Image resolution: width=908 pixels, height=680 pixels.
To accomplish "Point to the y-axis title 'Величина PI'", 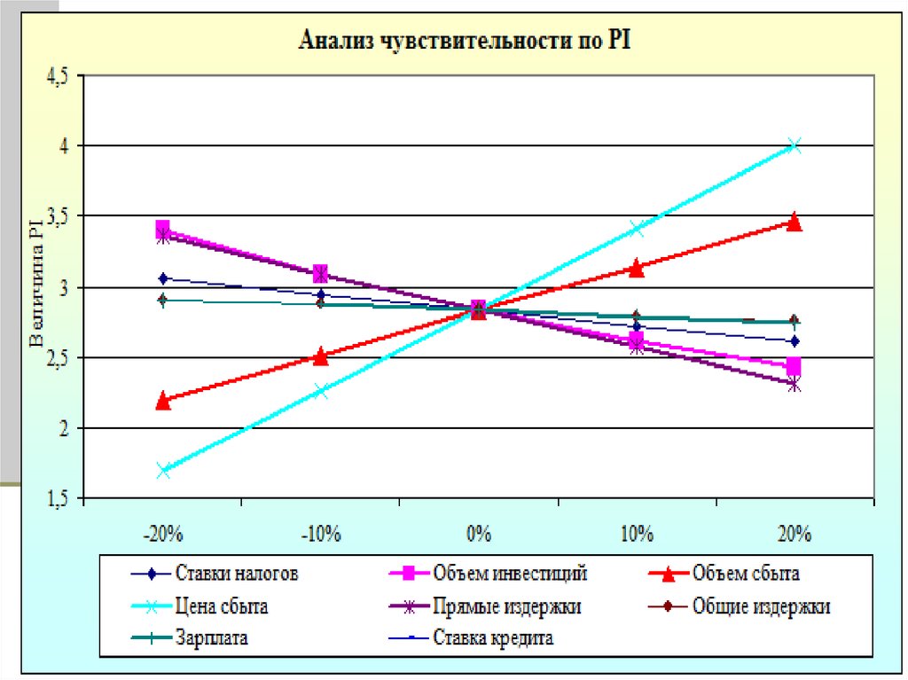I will point(35,287).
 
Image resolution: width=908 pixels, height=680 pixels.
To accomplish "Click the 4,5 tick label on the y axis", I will point(56,76).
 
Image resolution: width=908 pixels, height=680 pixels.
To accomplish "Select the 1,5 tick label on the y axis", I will point(56,499).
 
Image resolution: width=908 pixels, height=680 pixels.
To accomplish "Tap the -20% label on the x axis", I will point(162,534).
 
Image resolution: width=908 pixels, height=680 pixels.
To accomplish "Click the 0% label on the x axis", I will point(479,534).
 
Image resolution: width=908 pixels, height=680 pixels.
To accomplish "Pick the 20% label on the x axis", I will point(794,534).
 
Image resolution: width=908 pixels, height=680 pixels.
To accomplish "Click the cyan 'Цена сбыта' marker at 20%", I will point(794,146).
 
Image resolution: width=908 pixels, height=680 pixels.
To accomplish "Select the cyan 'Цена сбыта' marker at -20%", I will point(163,470).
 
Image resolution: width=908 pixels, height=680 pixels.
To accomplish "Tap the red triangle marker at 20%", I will point(794,222).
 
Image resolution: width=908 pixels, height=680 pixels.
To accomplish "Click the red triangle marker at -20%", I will point(163,401).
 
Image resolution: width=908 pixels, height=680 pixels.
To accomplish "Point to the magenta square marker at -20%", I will point(163,229).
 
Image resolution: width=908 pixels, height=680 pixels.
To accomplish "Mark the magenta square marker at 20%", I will point(794,365).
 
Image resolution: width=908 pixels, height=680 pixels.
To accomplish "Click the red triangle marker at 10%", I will point(637,268).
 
